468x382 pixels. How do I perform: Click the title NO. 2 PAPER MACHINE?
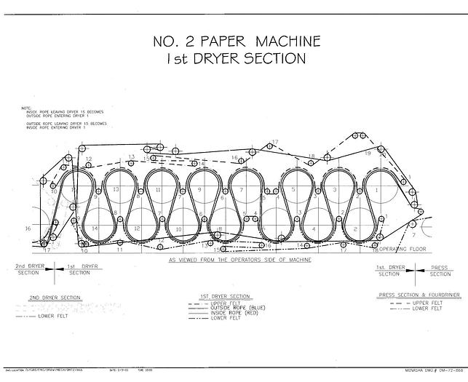pos(233,41)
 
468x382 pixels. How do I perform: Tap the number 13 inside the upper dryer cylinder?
pos(116,188)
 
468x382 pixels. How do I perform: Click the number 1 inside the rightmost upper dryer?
pos(376,189)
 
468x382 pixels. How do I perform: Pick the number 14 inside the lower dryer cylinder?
pos(95,228)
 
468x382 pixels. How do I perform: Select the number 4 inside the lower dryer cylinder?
pos(314,229)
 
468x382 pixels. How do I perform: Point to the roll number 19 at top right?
pos(368,154)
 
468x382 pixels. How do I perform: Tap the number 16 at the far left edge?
pos(28,228)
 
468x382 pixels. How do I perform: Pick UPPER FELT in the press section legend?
pos(427,303)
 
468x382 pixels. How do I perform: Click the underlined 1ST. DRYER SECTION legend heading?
pos(225,297)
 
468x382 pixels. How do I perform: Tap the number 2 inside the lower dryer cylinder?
pos(355,229)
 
